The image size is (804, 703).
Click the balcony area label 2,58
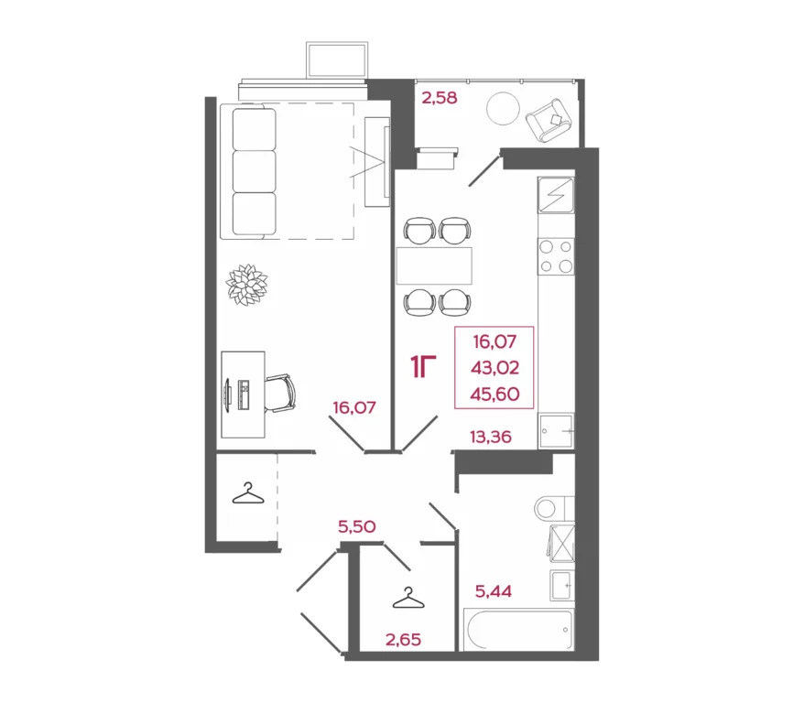point(438,96)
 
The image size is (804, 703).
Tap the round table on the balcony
point(503,109)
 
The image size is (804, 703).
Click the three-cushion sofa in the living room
point(255,172)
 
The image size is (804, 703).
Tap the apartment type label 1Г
point(422,368)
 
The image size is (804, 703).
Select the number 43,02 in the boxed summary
point(494,368)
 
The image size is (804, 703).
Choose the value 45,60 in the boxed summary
point(494,394)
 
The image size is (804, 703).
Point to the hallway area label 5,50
point(357,526)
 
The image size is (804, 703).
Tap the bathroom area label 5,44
point(493,591)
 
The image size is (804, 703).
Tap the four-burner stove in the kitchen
point(556,255)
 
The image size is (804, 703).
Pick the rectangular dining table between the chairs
point(434,265)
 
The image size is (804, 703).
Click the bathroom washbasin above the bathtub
point(561,582)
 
